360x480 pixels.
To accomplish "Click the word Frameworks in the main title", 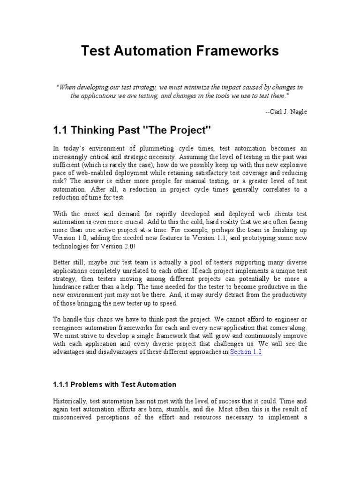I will pyautogui.click(x=239, y=51).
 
